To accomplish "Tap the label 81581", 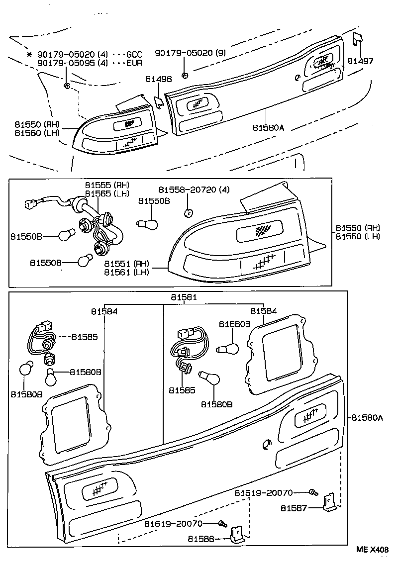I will click(184, 297).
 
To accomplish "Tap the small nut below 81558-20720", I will click(188, 213).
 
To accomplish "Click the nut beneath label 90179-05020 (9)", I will click(185, 76).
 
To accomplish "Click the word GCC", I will click(134, 54).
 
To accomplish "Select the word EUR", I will click(134, 63).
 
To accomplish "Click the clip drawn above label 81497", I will click(356, 40).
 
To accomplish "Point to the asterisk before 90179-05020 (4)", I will click(29, 54).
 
